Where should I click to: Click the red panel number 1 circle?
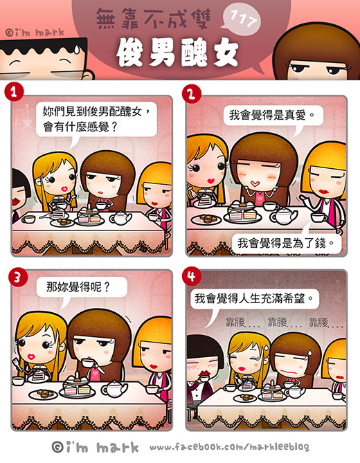pos(14,91)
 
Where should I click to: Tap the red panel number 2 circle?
pos(192,93)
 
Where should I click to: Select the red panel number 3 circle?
pos(18,277)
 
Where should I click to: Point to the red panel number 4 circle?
pos(192,276)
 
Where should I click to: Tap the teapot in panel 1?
pos(121,218)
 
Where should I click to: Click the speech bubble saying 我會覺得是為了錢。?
pos(286,244)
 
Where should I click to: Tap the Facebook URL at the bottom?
pos(229,447)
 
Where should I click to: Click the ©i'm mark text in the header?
pos(35,33)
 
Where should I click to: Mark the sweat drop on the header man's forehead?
pos(77,49)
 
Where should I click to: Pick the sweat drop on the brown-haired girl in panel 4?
pos(310,353)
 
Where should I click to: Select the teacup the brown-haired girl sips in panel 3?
pos(88,362)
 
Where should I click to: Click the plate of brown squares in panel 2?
pos(207,219)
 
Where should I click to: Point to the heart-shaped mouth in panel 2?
pos(255,184)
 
